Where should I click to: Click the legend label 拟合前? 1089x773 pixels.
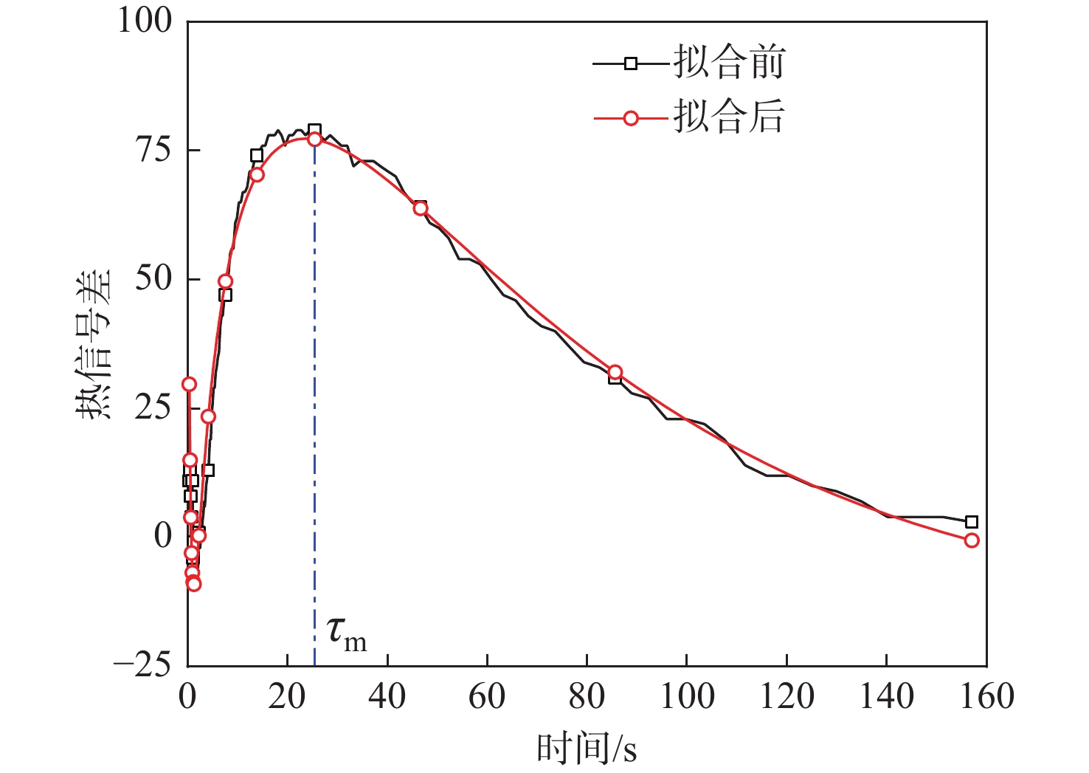[x=729, y=63]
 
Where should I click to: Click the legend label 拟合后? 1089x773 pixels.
[x=729, y=117]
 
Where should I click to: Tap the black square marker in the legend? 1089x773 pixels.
[x=631, y=63]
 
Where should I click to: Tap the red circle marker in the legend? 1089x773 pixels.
[x=631, y=118]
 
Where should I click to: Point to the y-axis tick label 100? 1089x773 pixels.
[x=145, y=21]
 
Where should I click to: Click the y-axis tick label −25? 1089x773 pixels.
[x=142, y=664]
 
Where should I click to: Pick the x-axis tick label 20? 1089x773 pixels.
[x=287, y=696]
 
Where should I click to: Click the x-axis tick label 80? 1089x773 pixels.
[x=587, y=696]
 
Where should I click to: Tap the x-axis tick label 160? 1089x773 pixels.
[x=986, y=696]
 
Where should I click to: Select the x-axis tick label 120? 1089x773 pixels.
[x=786, y=696]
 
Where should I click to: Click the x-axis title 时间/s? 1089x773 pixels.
[x=587, y=748]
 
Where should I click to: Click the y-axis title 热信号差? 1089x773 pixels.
[x=94, y=343]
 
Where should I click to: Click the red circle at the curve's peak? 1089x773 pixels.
[x=315, y=139]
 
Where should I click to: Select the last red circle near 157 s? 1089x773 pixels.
[x=972, y=540]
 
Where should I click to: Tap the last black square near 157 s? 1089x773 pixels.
[x=972, y=522]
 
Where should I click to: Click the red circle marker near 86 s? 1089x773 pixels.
[x=615, y=372]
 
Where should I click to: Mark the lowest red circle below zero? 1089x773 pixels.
[x=194, y=584]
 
